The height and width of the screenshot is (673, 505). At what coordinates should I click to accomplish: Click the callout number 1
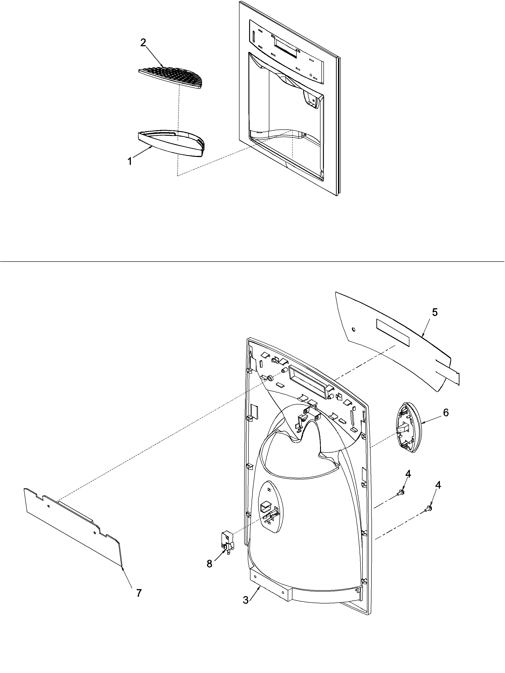(x=130, y=162)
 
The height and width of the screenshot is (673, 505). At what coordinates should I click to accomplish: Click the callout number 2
(x=143, y=43)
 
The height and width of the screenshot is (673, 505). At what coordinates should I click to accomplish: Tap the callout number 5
(x=435, y=312)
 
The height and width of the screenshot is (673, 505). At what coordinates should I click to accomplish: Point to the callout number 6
(x=446, y=413)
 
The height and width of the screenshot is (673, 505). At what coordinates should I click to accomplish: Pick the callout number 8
(x=209, y=564)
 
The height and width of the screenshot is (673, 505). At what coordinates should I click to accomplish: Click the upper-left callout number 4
(x=408, y=474)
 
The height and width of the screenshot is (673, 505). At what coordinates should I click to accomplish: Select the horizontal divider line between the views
(x=252, y=261)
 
